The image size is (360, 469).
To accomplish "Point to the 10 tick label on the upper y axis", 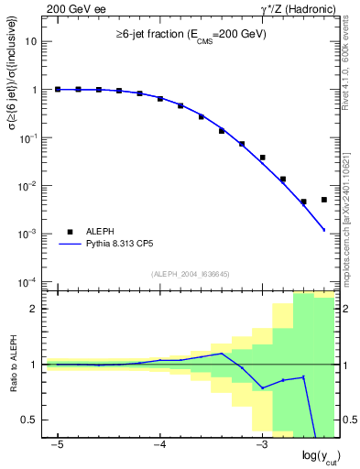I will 32,42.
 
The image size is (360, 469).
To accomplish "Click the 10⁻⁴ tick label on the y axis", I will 28,281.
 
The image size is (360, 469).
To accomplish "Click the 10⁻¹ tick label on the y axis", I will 28,137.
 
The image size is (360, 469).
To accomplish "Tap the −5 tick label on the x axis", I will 58,444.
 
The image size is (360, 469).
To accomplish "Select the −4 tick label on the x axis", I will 159,444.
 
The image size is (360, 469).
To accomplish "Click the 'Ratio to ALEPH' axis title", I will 13,365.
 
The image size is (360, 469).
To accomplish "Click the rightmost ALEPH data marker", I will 324,200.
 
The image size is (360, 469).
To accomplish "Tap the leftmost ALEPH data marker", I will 58,90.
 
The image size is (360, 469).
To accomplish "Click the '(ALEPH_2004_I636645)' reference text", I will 191,273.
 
